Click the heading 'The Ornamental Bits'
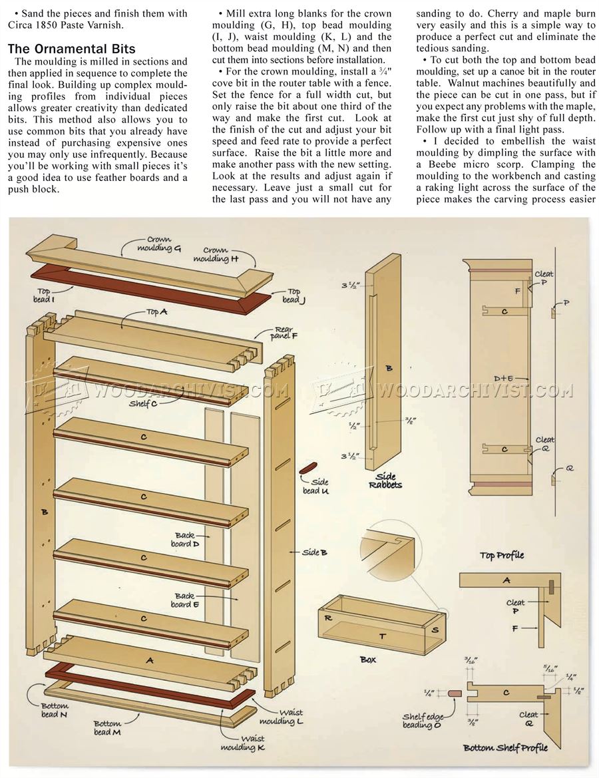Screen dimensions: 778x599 coord(72,49)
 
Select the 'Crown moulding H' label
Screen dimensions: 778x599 coord(216,255)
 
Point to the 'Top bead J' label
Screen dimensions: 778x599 coord(292,295)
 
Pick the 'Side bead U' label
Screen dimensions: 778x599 coord(315,486)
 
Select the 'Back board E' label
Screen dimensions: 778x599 coord(184,600)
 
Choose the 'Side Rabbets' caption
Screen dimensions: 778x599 coord(385,480)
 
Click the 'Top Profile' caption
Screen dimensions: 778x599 coord(502,555)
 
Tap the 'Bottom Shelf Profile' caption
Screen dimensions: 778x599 coord(505,747)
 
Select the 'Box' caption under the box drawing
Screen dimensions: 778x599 coord(367,659)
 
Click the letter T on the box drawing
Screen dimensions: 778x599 coord(381,636)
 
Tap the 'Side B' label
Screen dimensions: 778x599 coord(314,552)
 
